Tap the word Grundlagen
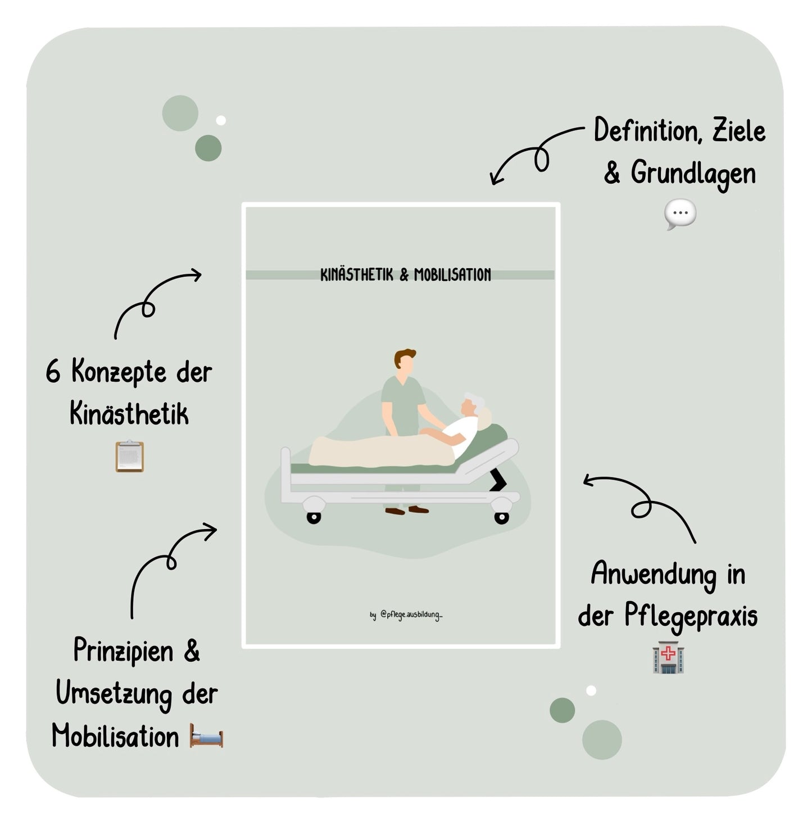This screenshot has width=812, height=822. point(693,174)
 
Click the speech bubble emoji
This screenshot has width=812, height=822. point(680,214)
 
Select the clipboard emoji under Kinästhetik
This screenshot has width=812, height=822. point(130,456)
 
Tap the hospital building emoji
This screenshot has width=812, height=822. point(668,657)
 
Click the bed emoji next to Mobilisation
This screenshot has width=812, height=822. point(206,735)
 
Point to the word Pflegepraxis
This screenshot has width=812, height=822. point(691,617)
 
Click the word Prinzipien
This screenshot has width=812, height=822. point(123,652)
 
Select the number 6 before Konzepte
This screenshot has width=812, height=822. point(53,371)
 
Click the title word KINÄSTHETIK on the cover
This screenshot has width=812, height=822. point(357,275)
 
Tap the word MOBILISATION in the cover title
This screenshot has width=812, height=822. point(452,275)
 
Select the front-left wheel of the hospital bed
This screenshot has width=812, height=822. point(314,518)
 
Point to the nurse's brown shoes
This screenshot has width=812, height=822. point(407,510)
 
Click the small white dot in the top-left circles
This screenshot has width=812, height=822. point(221,120)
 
